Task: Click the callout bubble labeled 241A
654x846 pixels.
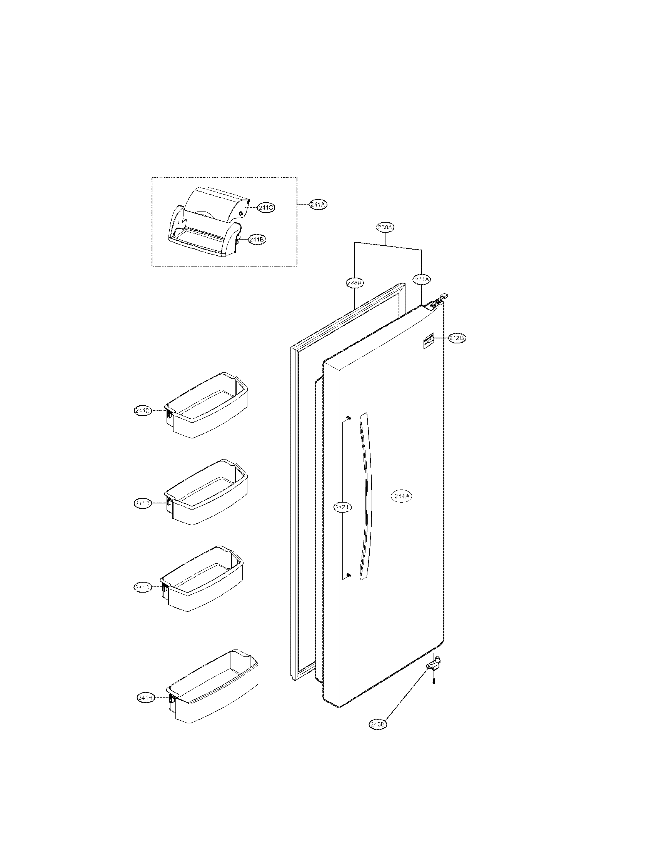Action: point(318,205)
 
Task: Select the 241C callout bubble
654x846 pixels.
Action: point(266,208)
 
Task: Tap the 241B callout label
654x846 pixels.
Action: point(257,240)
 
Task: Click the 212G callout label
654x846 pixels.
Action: point(457,338)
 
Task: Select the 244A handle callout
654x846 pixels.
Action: point(400,496)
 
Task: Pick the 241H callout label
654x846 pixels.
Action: point(146,697)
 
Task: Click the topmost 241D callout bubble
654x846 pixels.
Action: point(142,411)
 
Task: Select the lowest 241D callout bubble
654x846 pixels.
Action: point(142,598)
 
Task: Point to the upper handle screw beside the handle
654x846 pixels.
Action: point(348,417)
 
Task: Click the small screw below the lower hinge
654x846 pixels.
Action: point(434,681)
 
